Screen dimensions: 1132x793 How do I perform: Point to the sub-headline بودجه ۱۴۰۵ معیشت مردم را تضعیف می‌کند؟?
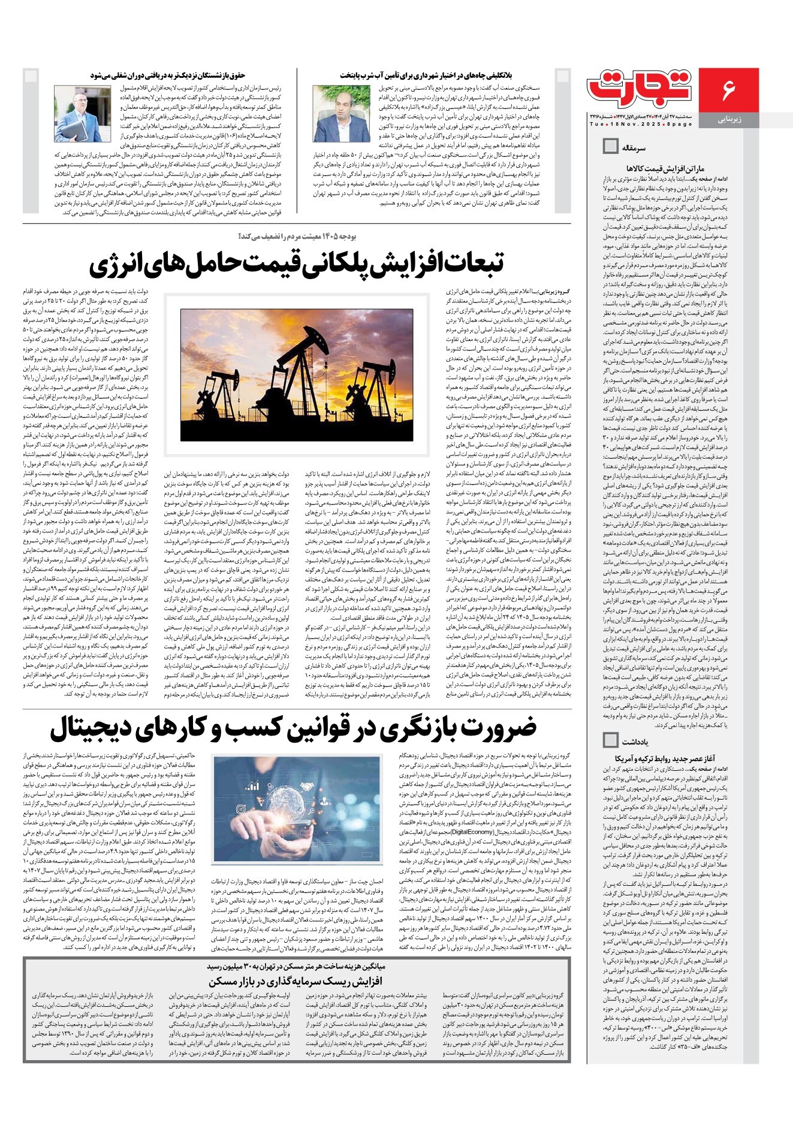coord(297,236)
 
